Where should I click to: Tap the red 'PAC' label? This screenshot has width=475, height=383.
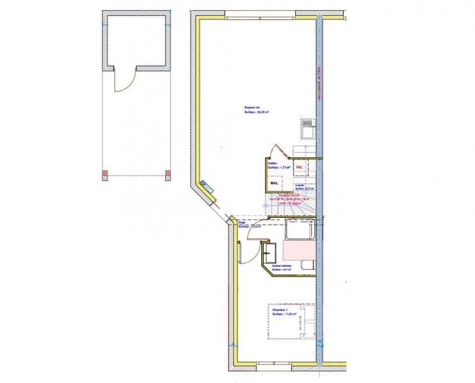tap(299, 168)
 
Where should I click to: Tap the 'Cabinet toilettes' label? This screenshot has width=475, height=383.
tap(282, 266)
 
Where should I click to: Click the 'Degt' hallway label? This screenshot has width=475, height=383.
tap(242, 223)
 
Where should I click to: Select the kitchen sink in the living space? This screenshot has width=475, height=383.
tap(308, 127)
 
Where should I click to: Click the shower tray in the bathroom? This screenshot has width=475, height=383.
tap(298, 229)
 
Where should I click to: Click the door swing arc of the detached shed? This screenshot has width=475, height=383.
tap(122, 83)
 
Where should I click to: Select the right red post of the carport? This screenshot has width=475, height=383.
tap(167, 175)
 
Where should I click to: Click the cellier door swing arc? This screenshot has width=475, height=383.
tap(275, 151)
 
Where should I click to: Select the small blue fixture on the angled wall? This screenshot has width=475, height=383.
tap(204, 185)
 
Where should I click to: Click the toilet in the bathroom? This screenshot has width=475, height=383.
tap(306, 265)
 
